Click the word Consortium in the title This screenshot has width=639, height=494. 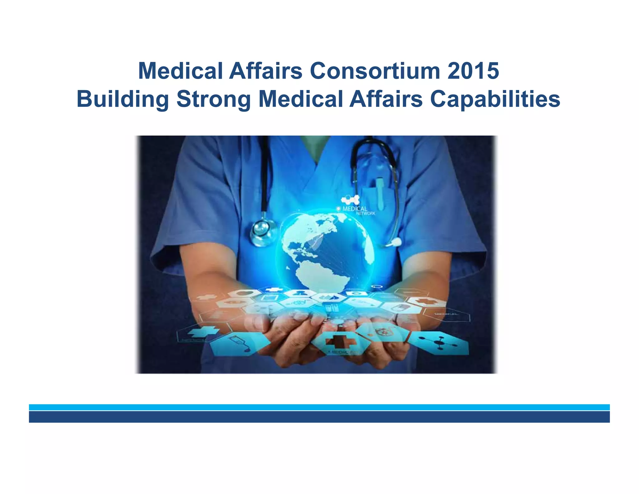pos(375,71)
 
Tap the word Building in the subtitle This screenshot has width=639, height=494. pos(123,99)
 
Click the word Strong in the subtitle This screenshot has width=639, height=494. pos(213,99)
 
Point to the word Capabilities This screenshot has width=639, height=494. pos(495,99)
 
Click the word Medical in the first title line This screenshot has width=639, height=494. pos(180,71)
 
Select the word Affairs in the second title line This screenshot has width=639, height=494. pos(386,99)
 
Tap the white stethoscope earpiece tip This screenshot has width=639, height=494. pos(397,241)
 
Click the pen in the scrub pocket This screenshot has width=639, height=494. pos(380,193)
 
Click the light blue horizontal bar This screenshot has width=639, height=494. pos(319,407)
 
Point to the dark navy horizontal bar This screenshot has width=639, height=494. pos(319,417)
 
